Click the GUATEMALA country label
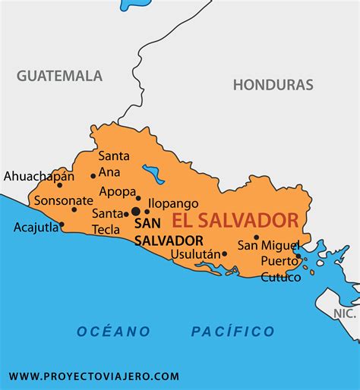(x=59, y=76)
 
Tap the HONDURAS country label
(x=273, y=84)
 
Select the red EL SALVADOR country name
(x=235, y=221)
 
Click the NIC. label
(x=345, y=313)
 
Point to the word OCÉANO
(x=113, y=331)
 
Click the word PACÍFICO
(x=232, y=331)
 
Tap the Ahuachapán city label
(x=39, y=176)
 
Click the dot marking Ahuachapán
(x=59, y=185)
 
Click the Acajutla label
(x=34, y=227)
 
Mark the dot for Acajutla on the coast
(x=62, y=225)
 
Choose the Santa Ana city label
(x=114, y=164)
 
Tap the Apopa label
(x=117, y=191)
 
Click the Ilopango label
(x=173, y=203)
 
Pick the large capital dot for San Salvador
(x=135, y=212)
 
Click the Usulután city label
(x=195, y=254)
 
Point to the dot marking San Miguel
(x=256, y=237)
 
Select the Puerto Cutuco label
(x=280, y=269)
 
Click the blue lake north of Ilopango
(x=156, y=176)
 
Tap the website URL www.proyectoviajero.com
(x=94, y=376)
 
